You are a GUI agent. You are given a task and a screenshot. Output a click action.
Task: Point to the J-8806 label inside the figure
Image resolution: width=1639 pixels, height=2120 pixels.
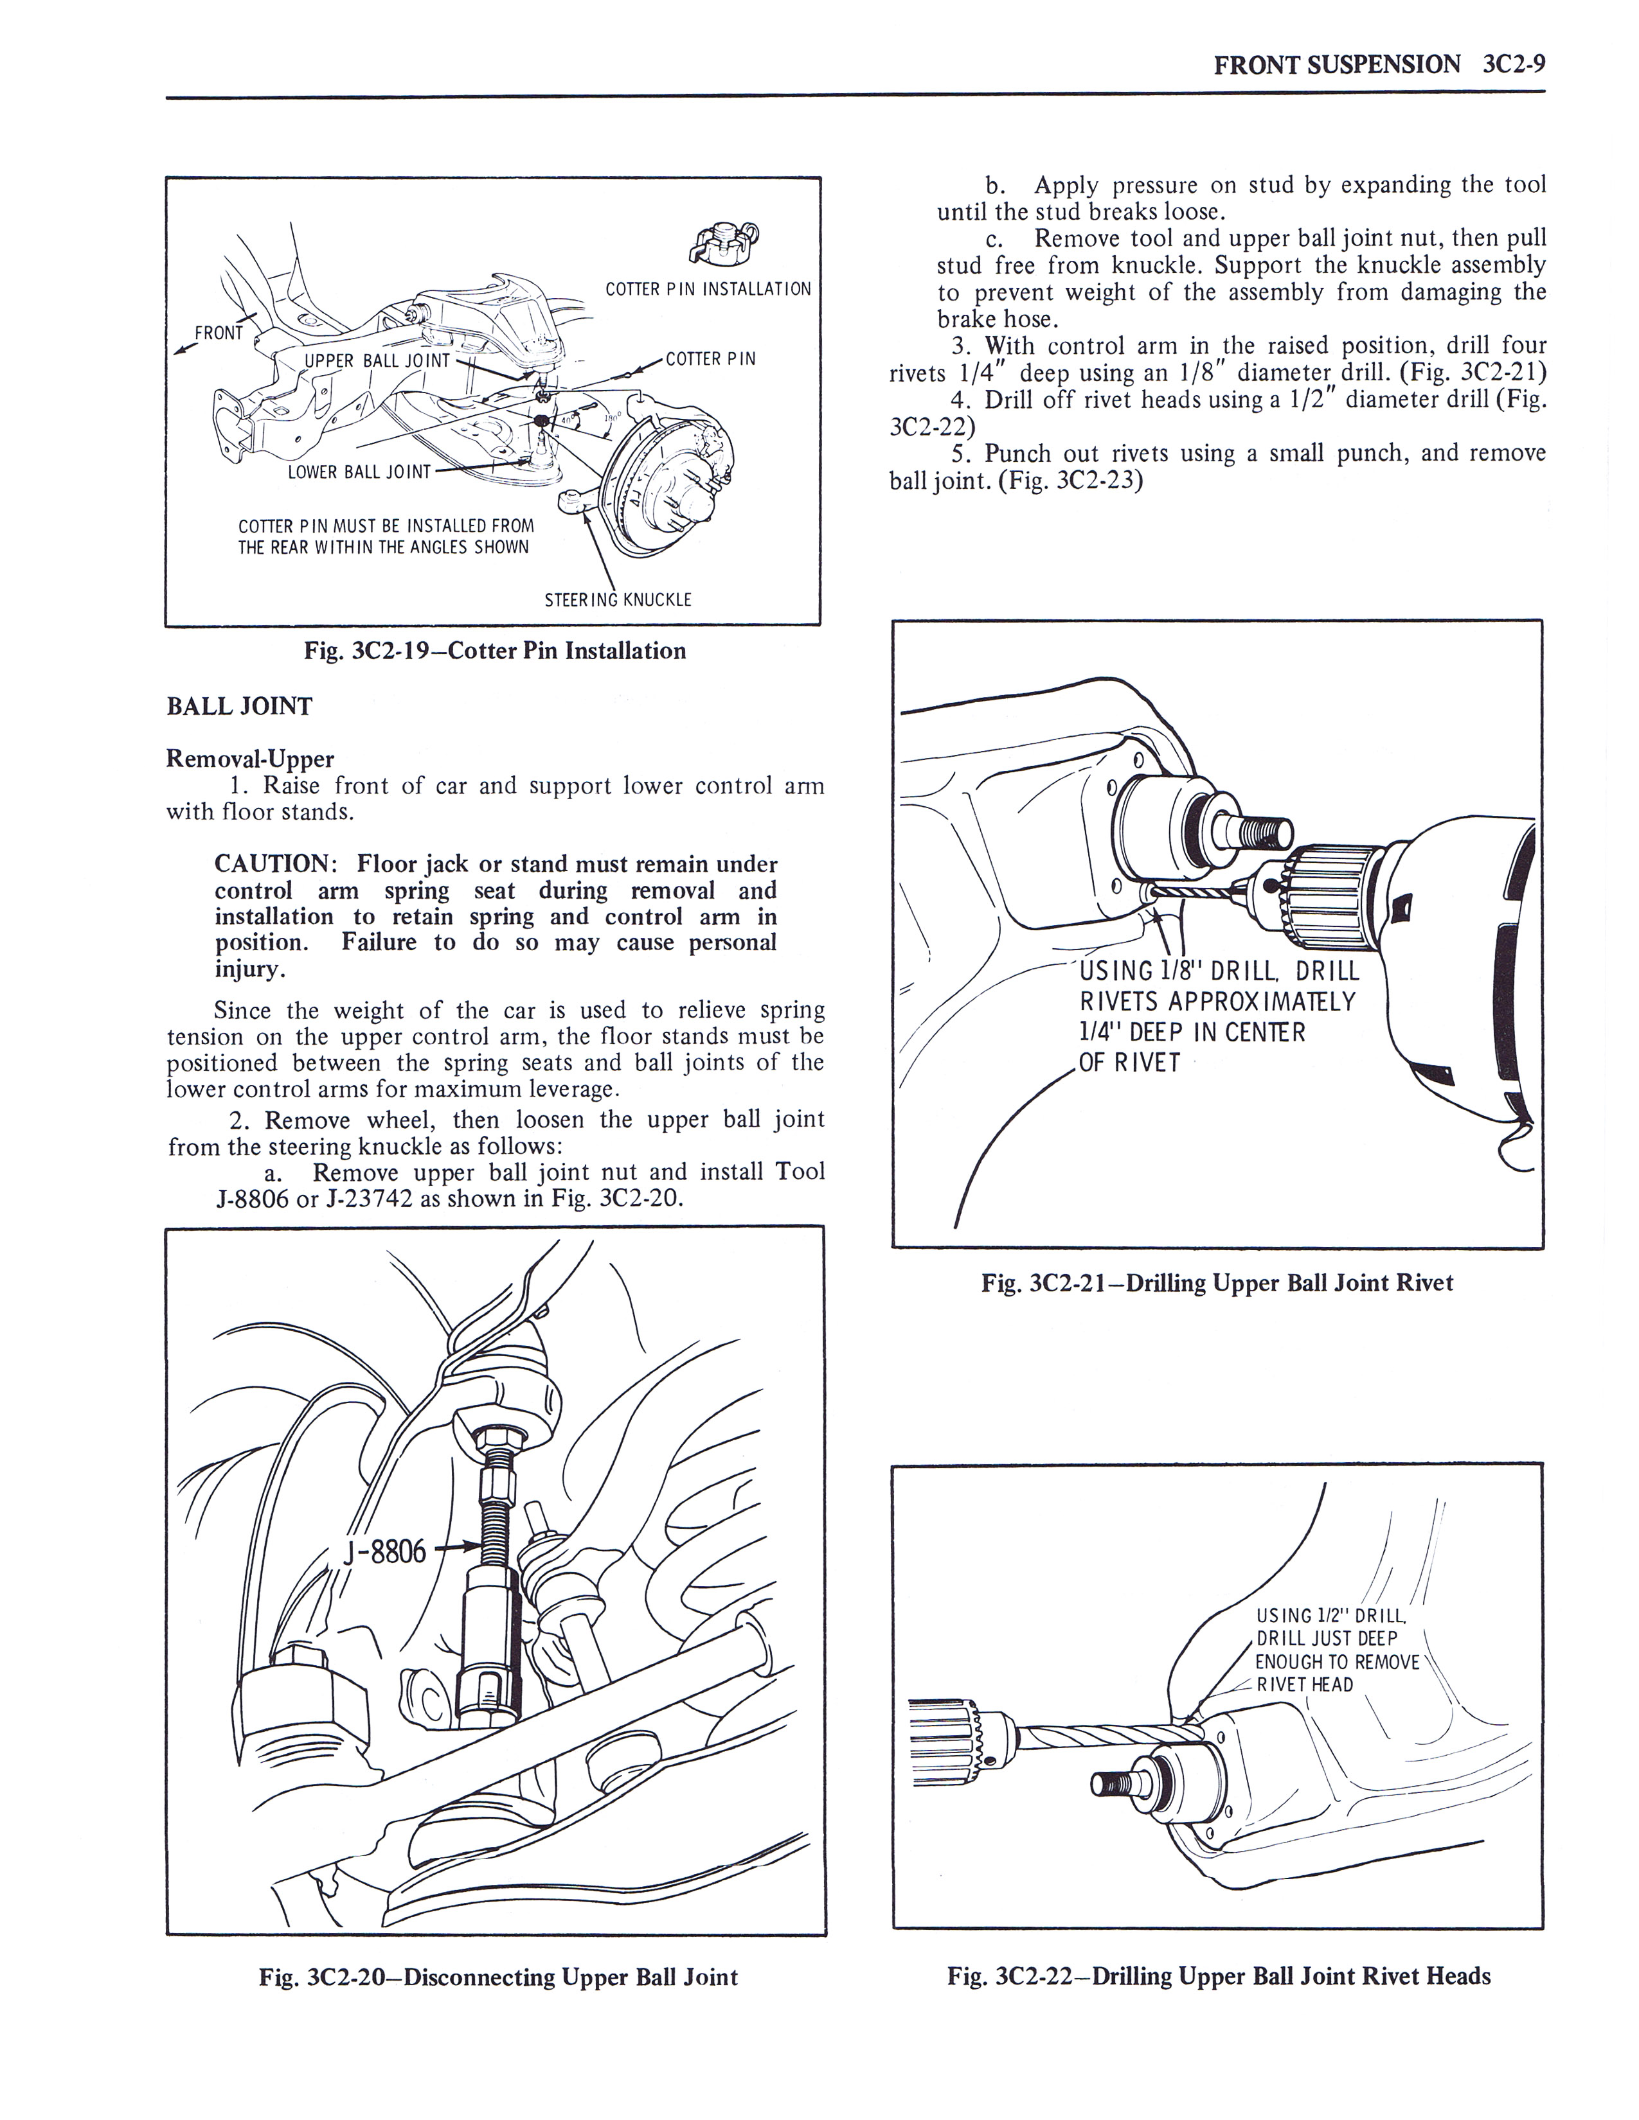coord(384,1552)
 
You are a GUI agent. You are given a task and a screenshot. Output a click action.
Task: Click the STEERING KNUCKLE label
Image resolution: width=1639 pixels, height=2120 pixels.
coord(618,600)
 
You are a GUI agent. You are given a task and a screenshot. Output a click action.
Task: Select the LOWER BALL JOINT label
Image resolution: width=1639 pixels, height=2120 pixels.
coord(359,473)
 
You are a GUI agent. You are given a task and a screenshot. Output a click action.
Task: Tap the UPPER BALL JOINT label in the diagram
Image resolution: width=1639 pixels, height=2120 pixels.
coord(378,361)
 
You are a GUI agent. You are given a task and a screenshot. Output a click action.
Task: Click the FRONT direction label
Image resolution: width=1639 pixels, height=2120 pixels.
coord(219,333)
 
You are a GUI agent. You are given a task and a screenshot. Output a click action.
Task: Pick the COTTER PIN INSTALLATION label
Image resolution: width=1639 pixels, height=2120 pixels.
coord(708,289)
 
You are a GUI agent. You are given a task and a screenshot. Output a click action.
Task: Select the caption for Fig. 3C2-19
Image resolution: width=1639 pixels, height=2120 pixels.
coord(495,650)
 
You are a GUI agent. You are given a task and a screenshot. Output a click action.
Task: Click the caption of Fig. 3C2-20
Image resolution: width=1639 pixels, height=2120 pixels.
coord(498,1977)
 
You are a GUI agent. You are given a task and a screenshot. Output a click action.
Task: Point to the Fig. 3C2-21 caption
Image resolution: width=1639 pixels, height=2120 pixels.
coord(1217,1284)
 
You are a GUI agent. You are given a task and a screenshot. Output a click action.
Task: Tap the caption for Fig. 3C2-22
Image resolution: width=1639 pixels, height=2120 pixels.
coord(1219,1976)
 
